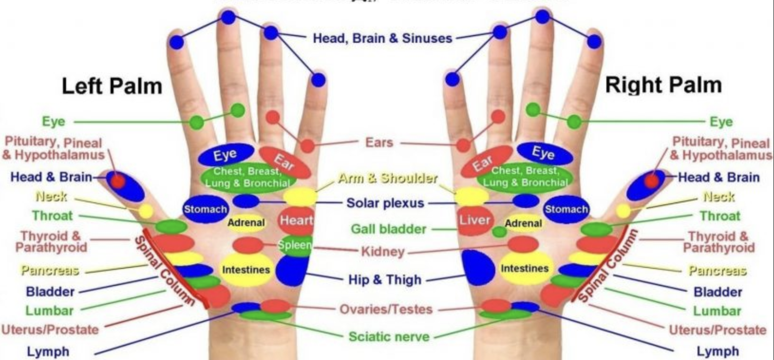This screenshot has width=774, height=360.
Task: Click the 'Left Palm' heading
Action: click(x=112, y=86)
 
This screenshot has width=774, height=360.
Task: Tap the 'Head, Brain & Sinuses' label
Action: click(x=382, y=38)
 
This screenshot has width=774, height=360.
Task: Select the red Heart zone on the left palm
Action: click(x=296, y=220)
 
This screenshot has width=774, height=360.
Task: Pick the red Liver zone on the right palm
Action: click(x=474, y=220)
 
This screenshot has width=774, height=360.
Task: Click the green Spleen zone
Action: click(x=295, y=245)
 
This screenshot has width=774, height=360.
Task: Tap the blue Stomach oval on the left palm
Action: click(x=205, y=209)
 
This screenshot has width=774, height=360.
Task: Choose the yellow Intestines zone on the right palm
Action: click(x=525, y=269)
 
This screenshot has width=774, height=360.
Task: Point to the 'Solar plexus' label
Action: click(x=385, y=203)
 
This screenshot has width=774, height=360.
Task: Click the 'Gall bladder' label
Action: click(x=388, y=229)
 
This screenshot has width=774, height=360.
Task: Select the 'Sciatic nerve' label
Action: click(x=389, y=337)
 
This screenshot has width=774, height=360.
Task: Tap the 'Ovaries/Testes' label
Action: click(x=386, y=309)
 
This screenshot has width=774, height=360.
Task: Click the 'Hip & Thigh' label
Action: click(x=385, y=279)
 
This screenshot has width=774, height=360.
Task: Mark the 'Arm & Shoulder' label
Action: click(x=387, y=178)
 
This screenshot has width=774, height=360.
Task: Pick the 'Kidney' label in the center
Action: click(x=383, y=251)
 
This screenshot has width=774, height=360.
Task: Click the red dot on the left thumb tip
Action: click(x=118, y=181)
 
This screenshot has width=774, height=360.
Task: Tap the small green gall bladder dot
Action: click(x=499, y=232)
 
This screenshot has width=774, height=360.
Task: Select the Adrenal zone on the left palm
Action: click(x=246, y=222)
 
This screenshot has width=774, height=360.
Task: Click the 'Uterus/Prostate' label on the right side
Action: click(x=717, y=330)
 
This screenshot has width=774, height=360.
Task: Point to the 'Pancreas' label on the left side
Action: click(x=49, y=270)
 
